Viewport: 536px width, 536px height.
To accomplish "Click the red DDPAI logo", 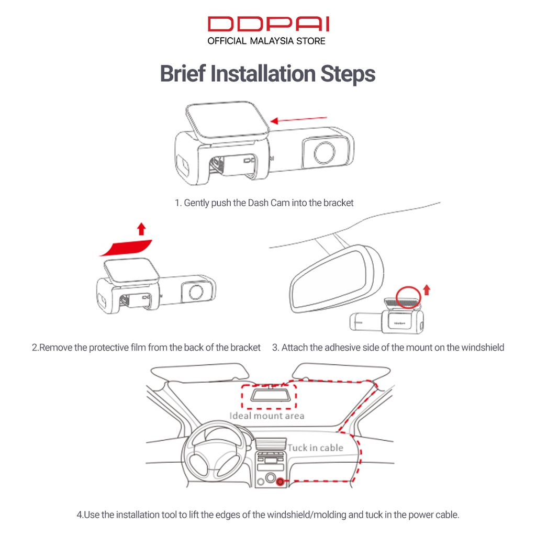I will tap(267, 24).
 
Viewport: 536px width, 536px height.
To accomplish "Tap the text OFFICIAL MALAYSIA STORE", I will tap(266, 41).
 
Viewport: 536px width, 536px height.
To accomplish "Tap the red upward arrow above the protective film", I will tap(141, 228).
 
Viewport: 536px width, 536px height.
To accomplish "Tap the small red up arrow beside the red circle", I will tap(427, 289).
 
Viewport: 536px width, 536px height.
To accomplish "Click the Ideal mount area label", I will tap(266, 416).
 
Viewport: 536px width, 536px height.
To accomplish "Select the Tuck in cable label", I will tap(315, 448).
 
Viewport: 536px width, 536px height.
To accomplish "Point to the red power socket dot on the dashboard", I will tap(281, 482).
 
